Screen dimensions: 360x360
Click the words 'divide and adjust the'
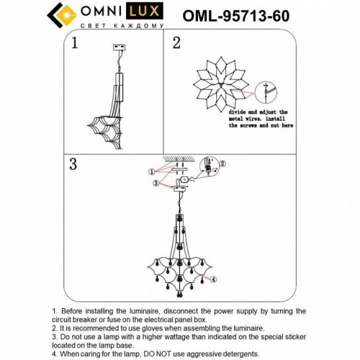pyautogui.click(x=258, y=114)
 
